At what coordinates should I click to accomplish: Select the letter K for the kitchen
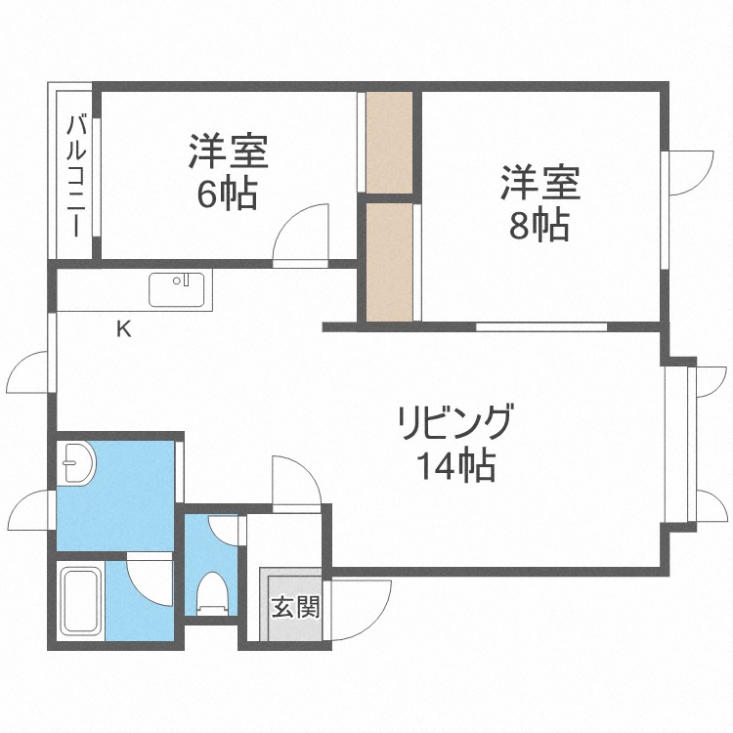[x=123, y=329]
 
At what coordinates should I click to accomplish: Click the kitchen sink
[x=178, y=290]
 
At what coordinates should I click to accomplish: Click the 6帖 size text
[x=227, y=194]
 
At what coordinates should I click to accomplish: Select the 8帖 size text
[x=539, y=226]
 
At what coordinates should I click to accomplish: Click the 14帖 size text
[x=455, y=467]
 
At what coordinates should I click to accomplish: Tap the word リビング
[x=454, y=423]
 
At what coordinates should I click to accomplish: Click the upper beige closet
[x=389, y=142]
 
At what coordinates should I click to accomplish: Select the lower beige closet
[x=389, y=261]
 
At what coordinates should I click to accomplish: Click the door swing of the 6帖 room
[x=303, y=237]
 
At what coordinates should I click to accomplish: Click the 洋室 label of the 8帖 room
[x=540, y=183]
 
